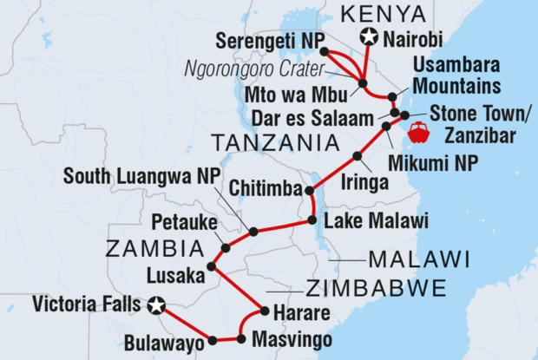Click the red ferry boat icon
coord(418,133)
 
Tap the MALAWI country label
coord(419,259)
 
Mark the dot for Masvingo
coord(240,338)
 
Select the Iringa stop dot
coord(358,156)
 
